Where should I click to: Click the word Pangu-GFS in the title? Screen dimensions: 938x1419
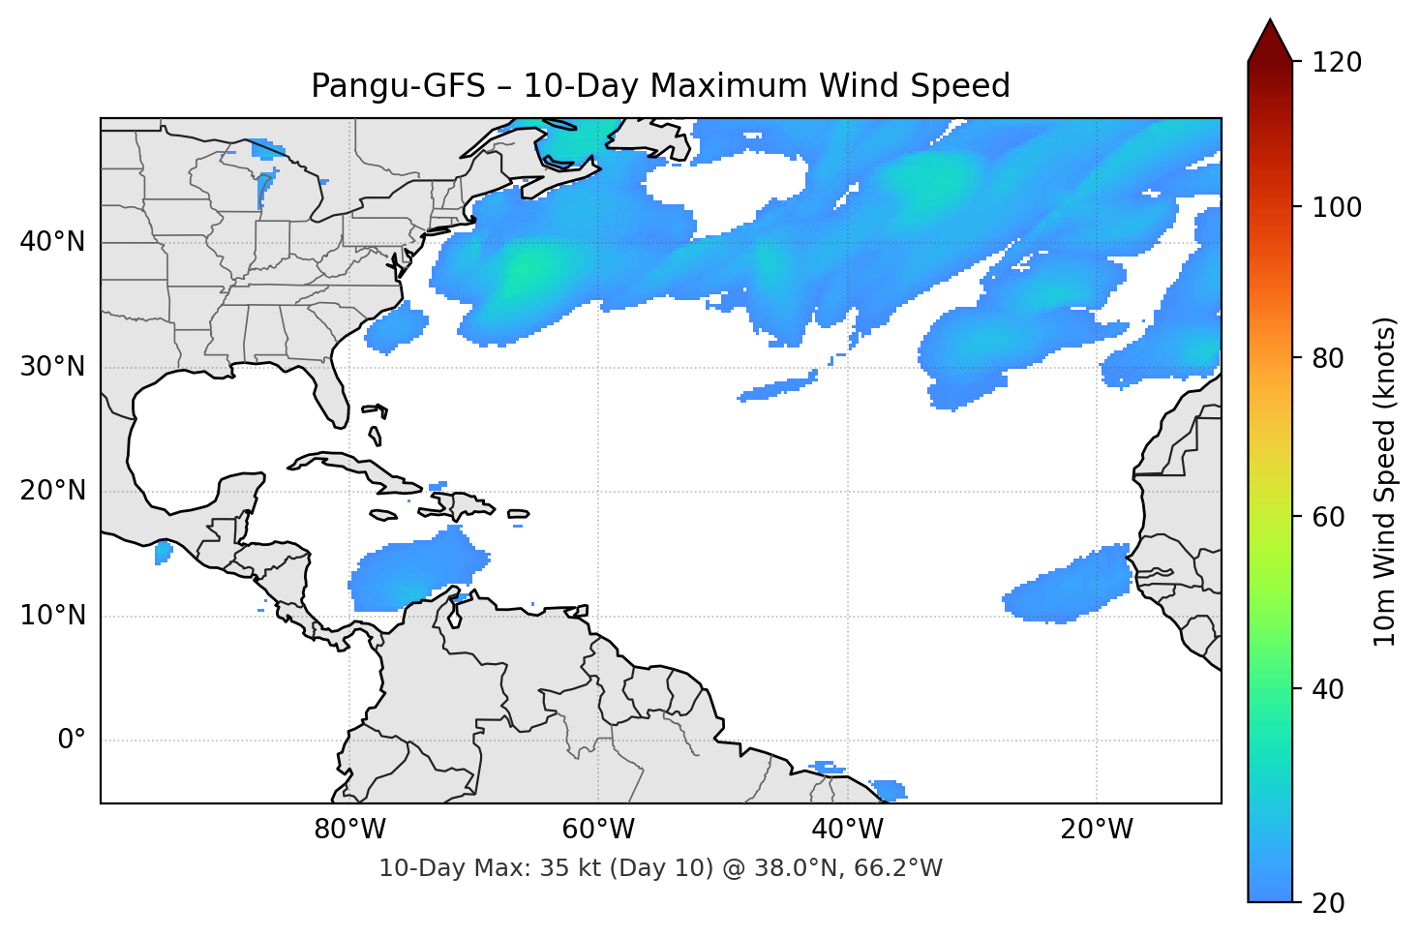tap(398, 86)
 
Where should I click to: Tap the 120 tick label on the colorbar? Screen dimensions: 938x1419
tap(1337, 63)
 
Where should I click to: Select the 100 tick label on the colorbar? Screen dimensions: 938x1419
tap(1337, 207)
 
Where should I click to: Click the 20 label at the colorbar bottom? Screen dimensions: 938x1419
tap(1328, 903)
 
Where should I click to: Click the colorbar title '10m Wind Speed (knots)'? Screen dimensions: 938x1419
tap(1385, 481)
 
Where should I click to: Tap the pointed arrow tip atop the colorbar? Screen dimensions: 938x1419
tap(1270, 24)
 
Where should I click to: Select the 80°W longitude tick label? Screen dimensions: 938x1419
tap(349, 830)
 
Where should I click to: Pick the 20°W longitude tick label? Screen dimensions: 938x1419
tap(1097, 830)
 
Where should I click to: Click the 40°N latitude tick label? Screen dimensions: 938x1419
tap(52, 242)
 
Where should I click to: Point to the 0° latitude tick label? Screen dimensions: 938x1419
tap(72, 741)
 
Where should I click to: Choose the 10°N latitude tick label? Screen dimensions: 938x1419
tap(52, 616)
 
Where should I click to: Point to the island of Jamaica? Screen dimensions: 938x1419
tap(383, 516)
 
